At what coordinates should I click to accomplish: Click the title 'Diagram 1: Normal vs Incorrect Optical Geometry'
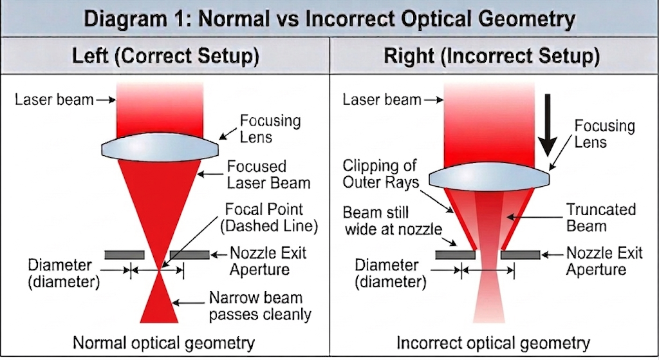click(329, 17)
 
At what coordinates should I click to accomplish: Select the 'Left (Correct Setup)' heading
click(165, 56)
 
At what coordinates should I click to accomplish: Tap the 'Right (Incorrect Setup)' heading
click(492, 56)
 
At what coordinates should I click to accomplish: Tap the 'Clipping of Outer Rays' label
click(380, 174)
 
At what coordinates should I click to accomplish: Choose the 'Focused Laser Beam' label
click(268, 175)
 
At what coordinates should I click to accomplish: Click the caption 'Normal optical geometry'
click(163, 343)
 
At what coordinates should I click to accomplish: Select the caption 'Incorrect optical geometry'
click(493, 343)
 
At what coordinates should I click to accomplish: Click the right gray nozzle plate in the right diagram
click(520, 255)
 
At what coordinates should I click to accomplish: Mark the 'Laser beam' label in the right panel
click(382, 100)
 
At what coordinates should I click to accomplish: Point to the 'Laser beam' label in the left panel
click(53, 100)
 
